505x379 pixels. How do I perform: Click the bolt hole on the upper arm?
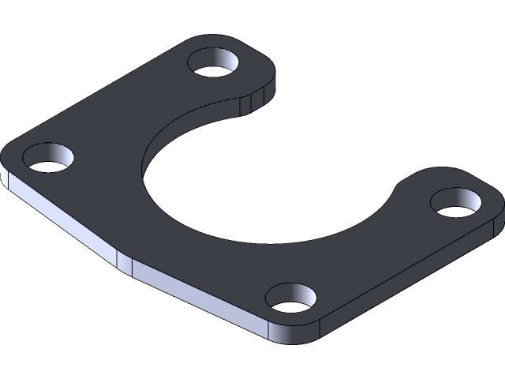click(216, 63)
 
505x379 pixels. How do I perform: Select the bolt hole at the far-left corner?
click(48, 157)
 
